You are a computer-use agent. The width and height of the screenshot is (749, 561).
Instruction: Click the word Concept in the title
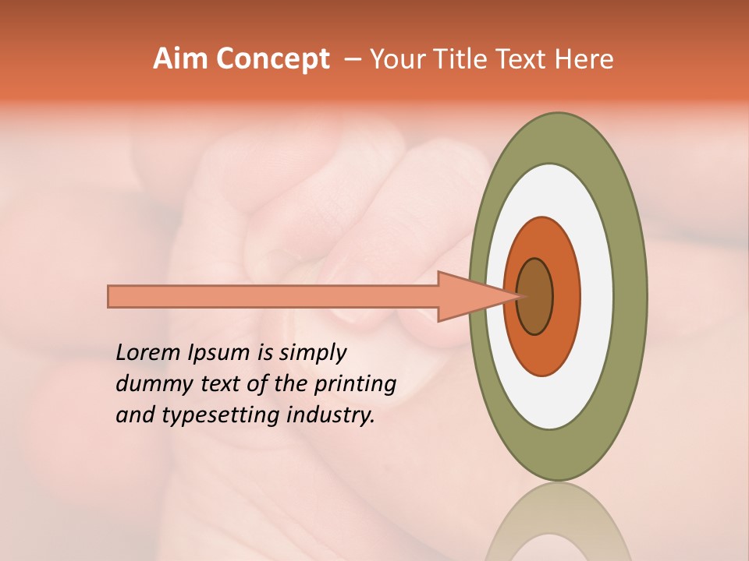coord(272,59)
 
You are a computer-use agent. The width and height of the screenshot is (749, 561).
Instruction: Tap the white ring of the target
coord(596,296)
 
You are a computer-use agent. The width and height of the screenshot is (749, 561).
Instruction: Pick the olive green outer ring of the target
coord(630,296)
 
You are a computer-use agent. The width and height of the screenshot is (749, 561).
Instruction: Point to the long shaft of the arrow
coord(273,296)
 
